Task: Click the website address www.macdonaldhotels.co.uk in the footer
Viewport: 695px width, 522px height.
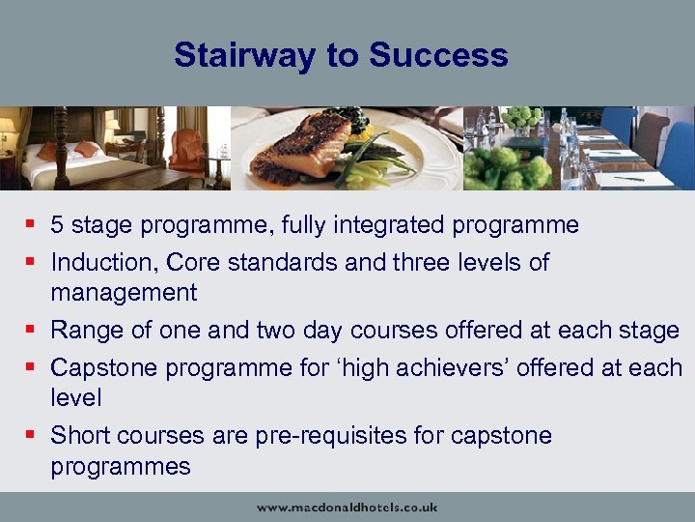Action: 347,507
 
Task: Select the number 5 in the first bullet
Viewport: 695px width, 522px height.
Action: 58,226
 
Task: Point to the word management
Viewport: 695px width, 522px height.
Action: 124,293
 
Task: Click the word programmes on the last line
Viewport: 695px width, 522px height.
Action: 121,467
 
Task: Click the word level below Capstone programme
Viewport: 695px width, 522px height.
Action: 76,398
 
